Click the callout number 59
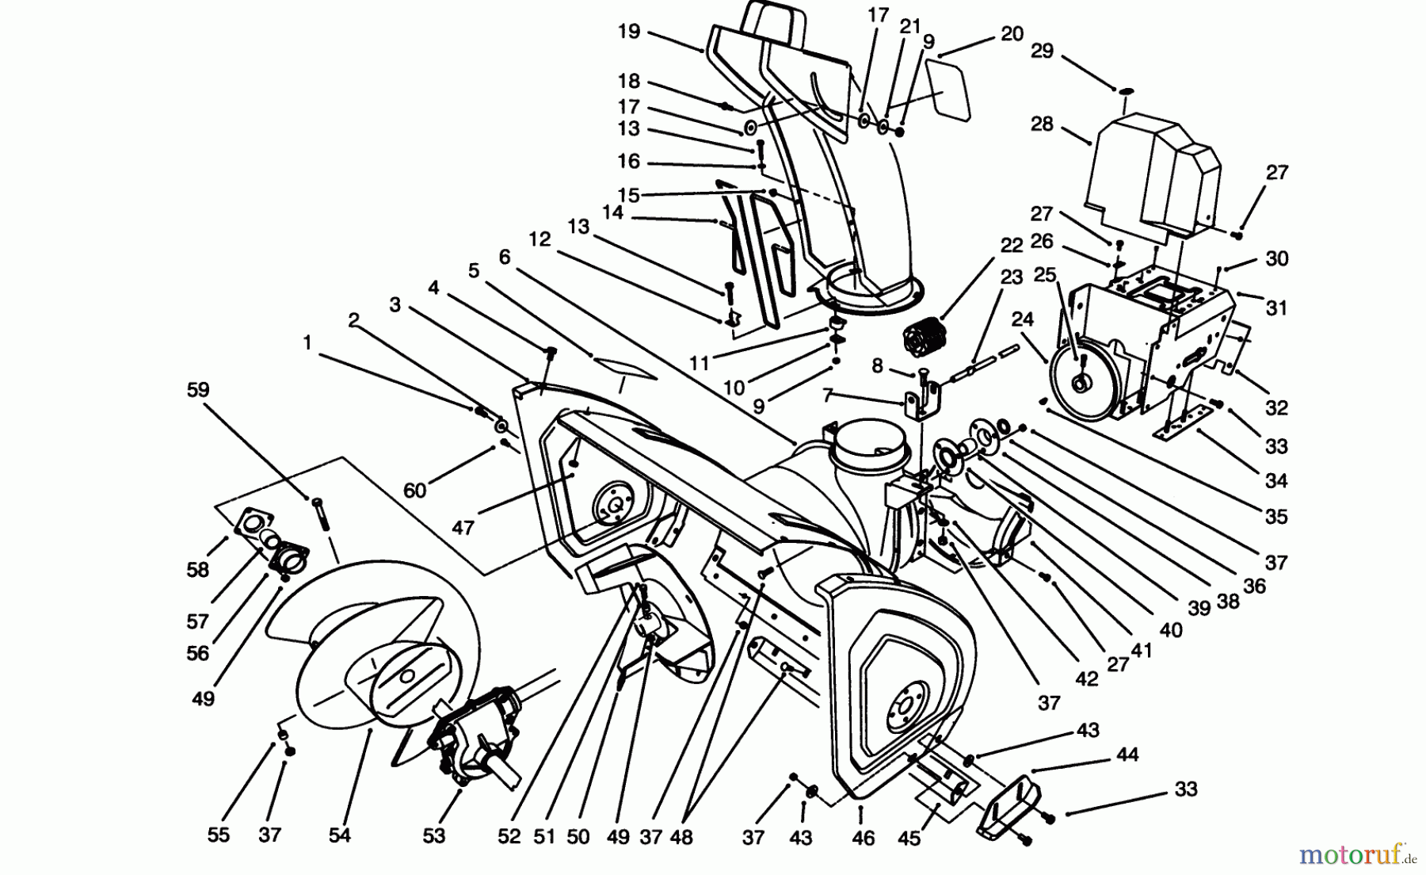coord(197,389)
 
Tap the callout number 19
coord(628,32)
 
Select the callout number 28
coord(1042,124)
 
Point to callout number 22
coord(1011,246)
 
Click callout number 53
coord(434,835)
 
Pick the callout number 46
coord(863,837)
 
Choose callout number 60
coord(414,491)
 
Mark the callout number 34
coord(1276,480)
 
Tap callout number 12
coord(540,239)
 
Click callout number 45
coord(909,837)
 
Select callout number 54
coord(339,835)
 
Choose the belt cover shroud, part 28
coord(1153,178)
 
